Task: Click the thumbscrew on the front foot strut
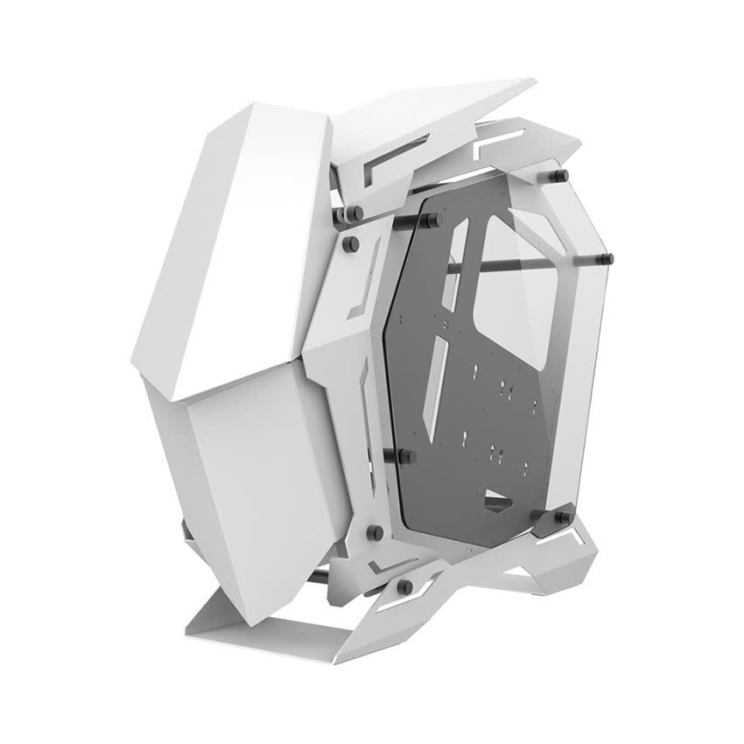click(x=404, y=586)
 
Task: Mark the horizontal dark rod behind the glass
click(x=525, y=263)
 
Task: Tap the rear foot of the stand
click(x=560, y=569)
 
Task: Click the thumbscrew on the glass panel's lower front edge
click(x=405, y=454)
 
